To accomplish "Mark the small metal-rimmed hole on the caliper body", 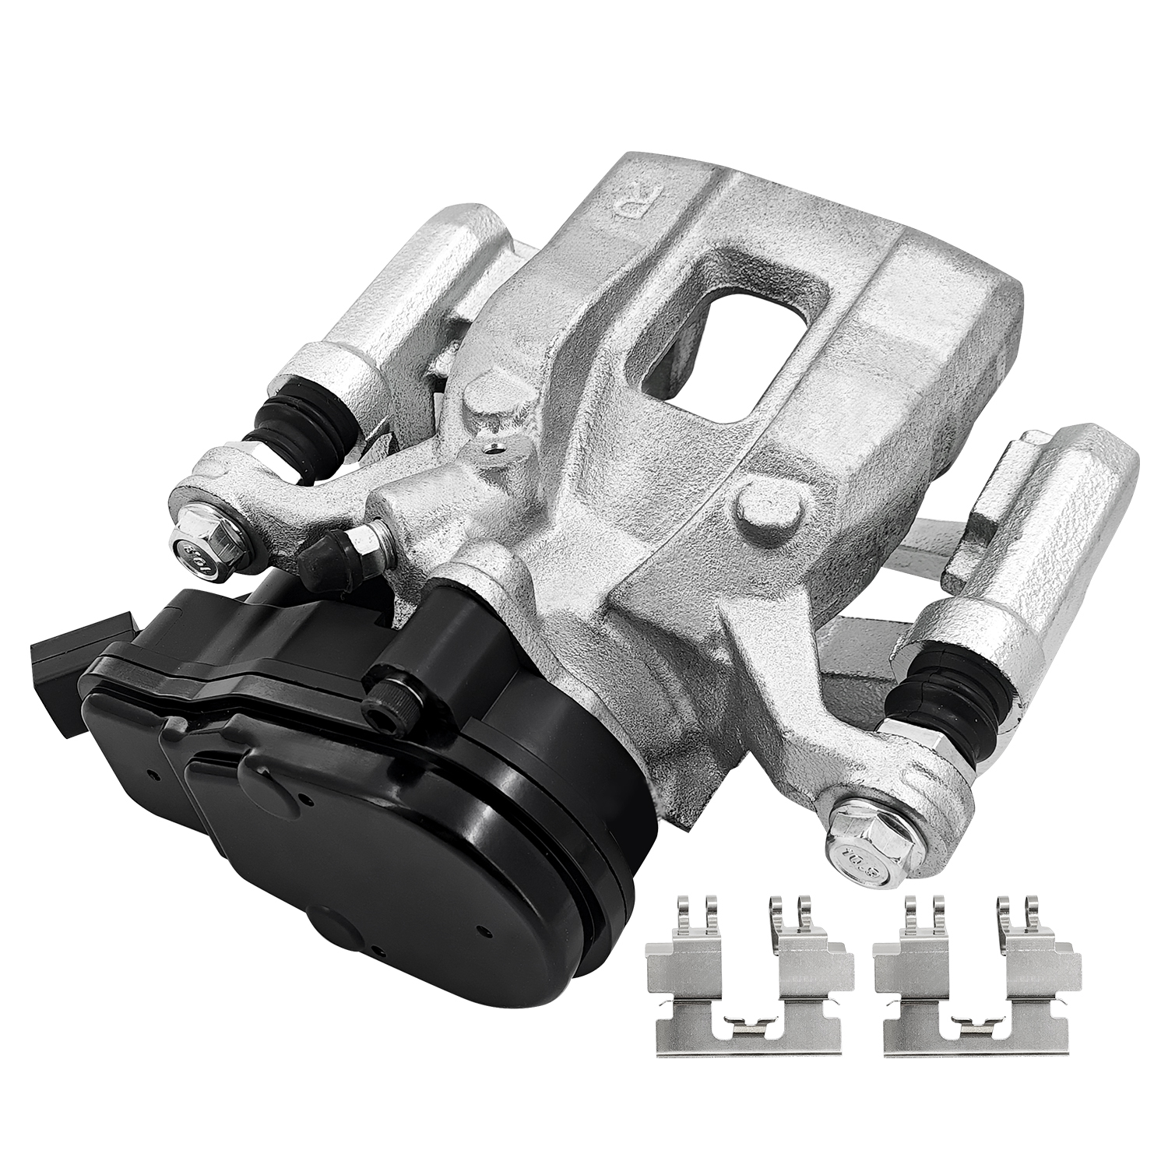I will coord(491,449).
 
